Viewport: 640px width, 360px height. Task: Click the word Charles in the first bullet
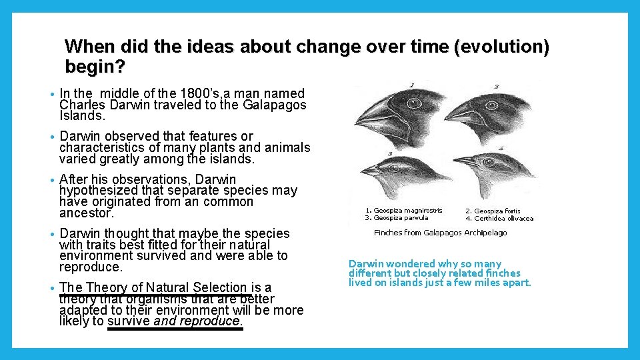81,105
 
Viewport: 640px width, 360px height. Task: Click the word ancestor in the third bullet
86,213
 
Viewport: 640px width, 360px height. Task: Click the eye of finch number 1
416,105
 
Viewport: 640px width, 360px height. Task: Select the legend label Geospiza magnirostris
407,211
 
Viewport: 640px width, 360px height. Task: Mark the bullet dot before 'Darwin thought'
52,234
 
